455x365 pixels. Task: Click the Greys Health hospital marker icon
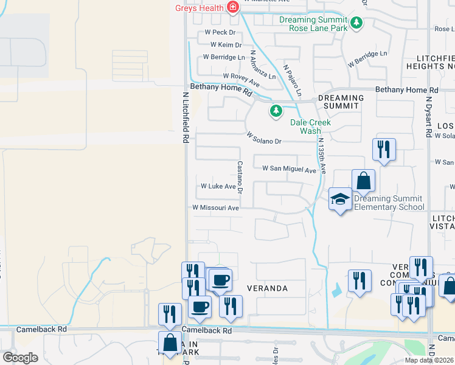coord(231,7)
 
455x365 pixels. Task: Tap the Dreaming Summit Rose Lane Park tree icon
coord(356,24)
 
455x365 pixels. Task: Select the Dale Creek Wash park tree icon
coord(276,111)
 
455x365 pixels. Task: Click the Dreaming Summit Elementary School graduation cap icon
coord(340,198)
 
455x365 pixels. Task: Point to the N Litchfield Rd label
coord(185,118)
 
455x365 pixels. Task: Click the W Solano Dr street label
coord(263,138)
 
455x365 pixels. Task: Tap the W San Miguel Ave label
coord(289,169)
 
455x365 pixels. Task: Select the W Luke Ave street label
coord(218,186)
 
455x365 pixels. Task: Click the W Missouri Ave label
coord(215,207)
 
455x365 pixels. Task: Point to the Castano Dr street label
coord(240,178)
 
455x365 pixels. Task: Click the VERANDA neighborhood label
coord(266,288)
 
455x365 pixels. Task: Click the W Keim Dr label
coord(226,44)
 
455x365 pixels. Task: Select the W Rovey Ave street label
coord(241,76)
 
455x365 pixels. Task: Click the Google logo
coord(19,358)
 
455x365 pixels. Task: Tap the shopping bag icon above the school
coord(363,180)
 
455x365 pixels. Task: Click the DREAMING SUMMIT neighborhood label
coord(341,102)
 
